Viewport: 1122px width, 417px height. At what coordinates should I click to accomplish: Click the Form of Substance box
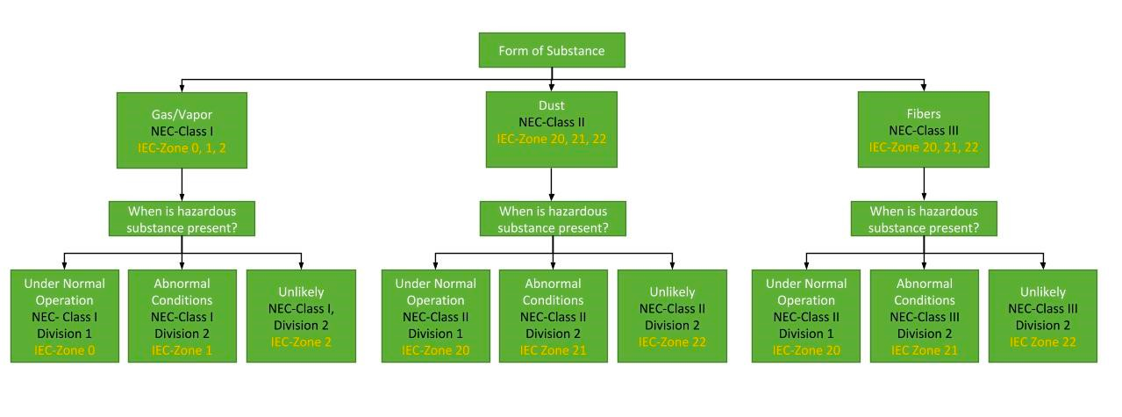coord(551,50)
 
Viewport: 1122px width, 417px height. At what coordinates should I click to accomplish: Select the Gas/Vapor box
coord(182,129)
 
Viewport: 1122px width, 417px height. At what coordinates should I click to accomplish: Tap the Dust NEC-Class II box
coord(552,129)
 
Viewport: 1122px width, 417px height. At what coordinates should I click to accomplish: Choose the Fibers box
coord(923,129)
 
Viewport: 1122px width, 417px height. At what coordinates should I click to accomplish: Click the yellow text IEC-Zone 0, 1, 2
coord(182,147)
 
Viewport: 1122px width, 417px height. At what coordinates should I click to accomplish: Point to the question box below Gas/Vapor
coord(182,219)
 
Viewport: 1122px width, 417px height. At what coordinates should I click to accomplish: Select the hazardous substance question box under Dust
coord(552,219)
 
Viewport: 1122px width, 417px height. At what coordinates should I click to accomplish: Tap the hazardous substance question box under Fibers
coord(923,219)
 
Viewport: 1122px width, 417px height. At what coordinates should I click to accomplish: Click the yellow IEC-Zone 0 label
coord(64,350)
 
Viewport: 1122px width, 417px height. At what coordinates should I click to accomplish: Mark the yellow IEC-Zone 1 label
coord(182,350)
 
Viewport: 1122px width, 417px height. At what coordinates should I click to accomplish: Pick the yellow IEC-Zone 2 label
coord(301,342)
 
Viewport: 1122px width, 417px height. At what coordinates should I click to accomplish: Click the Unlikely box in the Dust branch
coord(672,316)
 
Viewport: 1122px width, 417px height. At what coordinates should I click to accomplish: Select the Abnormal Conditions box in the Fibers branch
coord(923,316)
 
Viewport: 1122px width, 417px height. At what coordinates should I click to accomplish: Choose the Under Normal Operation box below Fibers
coord(805,316)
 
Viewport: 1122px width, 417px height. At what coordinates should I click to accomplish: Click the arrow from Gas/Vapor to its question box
coord(182,184)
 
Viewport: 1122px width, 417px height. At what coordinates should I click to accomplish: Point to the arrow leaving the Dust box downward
coord(552,184)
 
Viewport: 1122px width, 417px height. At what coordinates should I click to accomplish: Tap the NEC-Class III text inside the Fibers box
coord(923,130)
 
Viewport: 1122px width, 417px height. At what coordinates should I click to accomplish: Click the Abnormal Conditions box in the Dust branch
coord(553,316)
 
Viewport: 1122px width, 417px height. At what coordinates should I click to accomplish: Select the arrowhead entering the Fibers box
coord(923,86)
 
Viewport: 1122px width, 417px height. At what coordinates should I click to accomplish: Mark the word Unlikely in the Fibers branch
coord(1042,292)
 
